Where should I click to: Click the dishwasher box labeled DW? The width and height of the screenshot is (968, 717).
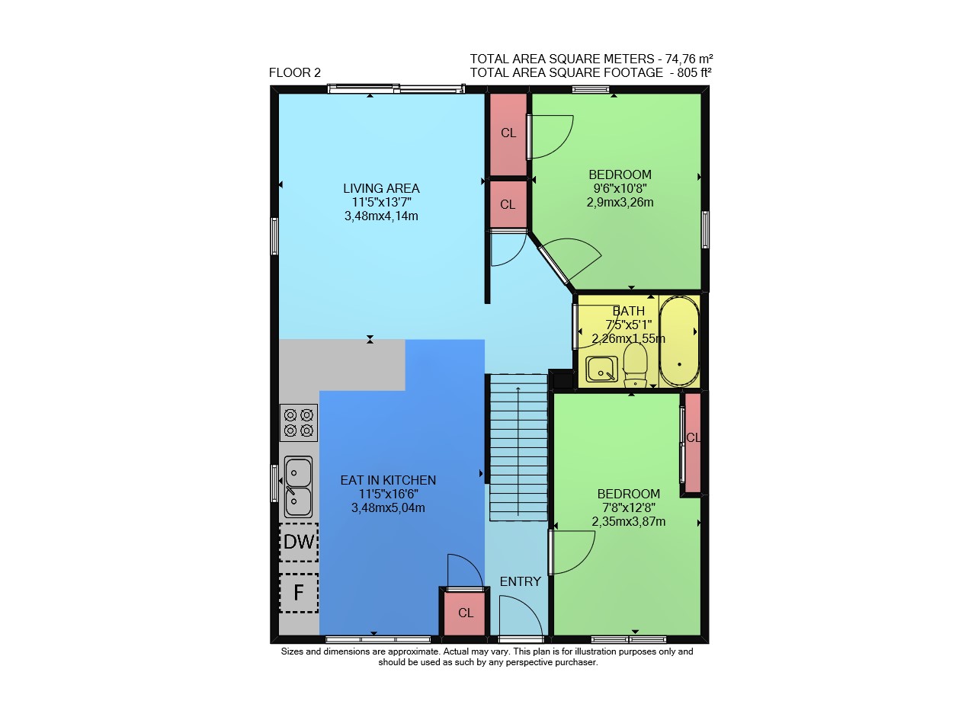(x=299, y=542)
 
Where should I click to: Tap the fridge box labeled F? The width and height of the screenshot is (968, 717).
(x=299, y=593)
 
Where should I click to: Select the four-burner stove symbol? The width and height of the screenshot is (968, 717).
(x=299, y=422)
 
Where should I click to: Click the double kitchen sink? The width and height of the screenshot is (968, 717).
(x=298, y=487)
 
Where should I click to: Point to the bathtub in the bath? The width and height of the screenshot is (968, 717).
(x=678, y=341)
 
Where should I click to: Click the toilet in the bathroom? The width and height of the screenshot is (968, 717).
(x=635, y=365)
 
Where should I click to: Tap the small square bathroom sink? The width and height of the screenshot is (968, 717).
(x=601, y=370)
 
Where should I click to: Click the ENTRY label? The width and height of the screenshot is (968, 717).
(x=521, y=581)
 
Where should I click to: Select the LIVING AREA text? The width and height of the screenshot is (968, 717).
(x=381, y=188)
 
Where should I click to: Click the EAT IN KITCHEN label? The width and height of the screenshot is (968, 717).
(x=388, y=480)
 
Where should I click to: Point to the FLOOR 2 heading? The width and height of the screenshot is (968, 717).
(x=294, y=72)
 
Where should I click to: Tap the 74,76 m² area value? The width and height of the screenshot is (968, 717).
(x=689, y=59)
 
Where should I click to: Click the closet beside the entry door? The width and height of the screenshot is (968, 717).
(x=465, y=613)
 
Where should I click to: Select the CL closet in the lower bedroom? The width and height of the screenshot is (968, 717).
(x=693, y=443)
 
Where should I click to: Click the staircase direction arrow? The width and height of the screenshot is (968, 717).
(x=518, y=451)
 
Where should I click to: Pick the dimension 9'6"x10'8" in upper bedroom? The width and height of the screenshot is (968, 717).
(x=620, y=188)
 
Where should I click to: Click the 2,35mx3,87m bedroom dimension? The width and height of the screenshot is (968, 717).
(x=629, y=521)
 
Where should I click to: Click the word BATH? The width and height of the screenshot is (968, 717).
(x=629, y=311)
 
